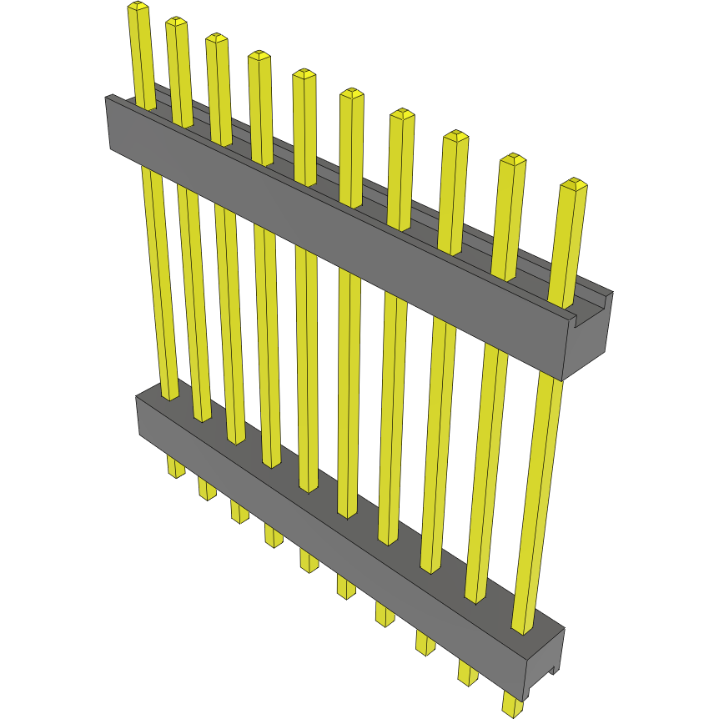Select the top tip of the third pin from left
[x=217, y=38]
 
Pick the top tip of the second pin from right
[x=512, y=159]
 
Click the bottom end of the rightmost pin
[x=512, y=710]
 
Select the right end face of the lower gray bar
[x=545, y=663]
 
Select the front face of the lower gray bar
[x=334, y=534]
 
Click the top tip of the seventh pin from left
[x=402, y=114]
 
